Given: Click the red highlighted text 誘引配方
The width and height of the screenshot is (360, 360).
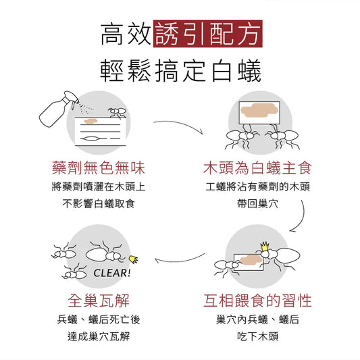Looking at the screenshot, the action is point(208,34).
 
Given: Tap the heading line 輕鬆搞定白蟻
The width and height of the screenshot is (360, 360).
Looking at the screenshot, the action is point(181,70).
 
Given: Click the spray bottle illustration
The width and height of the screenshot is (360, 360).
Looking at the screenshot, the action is point(59,109).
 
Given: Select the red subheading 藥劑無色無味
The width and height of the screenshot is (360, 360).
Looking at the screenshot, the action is point(99,168).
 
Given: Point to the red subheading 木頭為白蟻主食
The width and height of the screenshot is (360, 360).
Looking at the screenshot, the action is point(257,168).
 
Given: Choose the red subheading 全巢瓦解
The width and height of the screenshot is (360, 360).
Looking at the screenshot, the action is point(99,301).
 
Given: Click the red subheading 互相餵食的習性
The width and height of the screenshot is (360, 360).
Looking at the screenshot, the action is point(257,301).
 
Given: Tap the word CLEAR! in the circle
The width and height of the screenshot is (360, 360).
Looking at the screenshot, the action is point(112,273).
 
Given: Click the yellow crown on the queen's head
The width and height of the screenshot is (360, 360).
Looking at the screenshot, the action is point(265,246).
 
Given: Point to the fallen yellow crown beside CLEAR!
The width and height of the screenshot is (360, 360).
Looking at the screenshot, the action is point(133,259).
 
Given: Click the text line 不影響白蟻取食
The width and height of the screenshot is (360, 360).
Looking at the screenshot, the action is point(99,204).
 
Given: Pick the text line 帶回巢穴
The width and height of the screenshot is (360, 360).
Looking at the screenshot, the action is point(257,204).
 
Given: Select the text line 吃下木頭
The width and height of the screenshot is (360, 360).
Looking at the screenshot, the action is point(257,336).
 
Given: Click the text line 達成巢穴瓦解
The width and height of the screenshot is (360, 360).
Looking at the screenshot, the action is point(99,336).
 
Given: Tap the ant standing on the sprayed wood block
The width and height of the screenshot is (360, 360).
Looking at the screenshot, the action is point(118,113).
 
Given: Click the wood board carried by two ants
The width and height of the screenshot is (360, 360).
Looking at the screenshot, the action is point(259,113).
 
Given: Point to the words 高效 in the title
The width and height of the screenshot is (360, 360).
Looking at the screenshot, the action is point(126,34).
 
